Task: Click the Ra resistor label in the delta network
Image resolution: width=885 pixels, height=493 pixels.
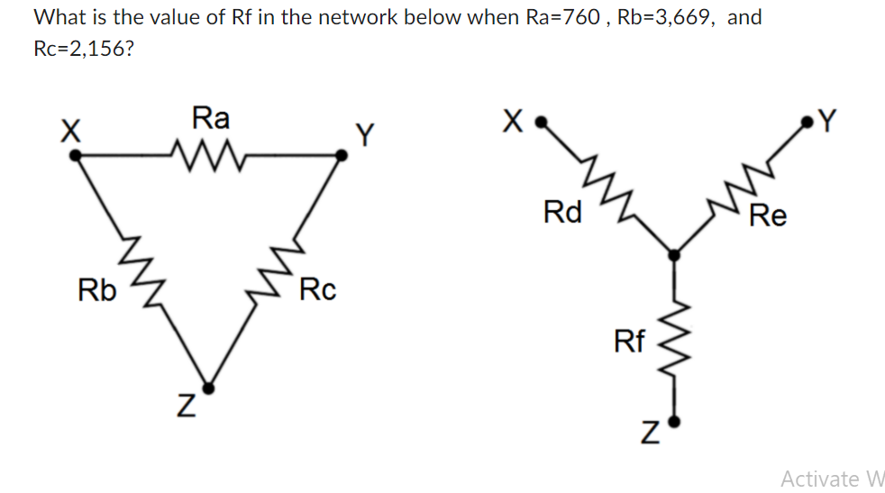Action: (x=211, y=117)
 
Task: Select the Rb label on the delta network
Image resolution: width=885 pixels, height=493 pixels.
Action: (x=96, y=291)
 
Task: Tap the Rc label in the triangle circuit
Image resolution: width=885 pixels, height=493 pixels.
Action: (x=317, y=290)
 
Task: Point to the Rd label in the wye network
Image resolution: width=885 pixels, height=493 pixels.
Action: (x=563, y=213)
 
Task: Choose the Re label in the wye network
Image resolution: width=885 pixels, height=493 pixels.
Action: (x=768, y=216)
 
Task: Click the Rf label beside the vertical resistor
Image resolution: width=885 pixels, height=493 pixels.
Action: (x=629, y=341)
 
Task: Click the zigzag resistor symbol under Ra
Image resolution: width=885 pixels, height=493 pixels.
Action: (x=210, y=151)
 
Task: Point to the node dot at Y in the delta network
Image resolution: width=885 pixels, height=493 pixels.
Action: (x=342, y=156)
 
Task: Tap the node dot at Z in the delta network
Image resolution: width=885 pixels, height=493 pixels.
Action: (x=209, y=389)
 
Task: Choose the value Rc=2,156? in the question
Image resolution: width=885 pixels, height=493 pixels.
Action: (x=85, y=48)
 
